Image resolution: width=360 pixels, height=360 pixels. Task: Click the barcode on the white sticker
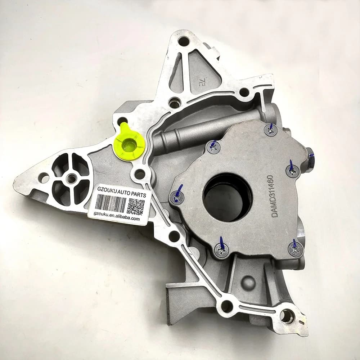pyautogui.click(x=111, y=203)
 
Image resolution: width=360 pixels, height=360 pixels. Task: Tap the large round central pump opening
pyautogui.click(x=228, y=197)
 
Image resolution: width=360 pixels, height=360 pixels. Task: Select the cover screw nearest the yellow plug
pyautogui.click(x=213, y=147)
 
